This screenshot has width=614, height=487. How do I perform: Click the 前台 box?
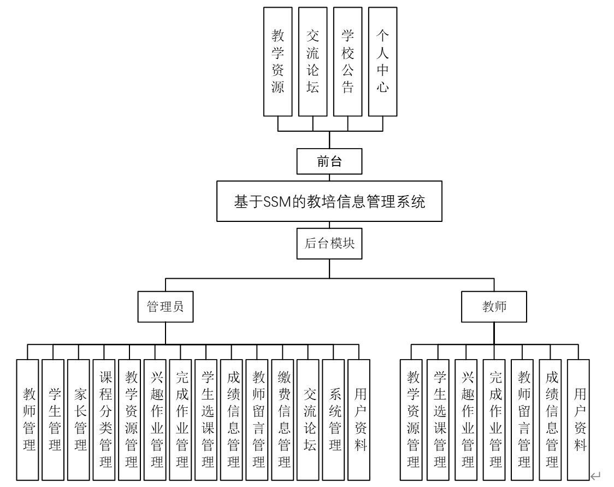point(329,161)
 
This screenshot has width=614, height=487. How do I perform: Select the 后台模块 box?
point(329,243)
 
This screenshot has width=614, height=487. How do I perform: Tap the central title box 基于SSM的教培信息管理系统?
point(329,202)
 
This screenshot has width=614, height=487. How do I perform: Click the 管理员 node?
point(165,307)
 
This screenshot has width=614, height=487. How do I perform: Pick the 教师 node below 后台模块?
point(494,307)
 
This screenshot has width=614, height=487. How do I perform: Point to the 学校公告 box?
point(347,61)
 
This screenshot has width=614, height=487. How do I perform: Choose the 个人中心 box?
point(382,61)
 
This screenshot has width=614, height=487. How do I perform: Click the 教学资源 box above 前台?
point(278,61)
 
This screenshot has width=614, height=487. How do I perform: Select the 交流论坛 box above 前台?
point(312,61)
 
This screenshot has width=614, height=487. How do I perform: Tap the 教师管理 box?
point(28,418)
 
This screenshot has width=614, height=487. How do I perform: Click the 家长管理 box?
point(79,418)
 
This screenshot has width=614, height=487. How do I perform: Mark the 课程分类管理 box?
point(105,418)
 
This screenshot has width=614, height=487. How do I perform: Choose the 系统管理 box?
point(334,418)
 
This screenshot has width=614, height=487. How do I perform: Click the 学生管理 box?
point(54,418)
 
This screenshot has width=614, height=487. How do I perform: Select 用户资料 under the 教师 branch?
point(579,418)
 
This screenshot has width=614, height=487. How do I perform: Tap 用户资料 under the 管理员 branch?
point(359,418)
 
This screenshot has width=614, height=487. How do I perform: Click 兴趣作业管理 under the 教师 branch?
point(467,418)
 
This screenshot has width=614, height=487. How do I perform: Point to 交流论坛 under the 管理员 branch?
point(308,418)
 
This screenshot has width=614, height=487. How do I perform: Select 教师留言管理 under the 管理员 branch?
point(257,418)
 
